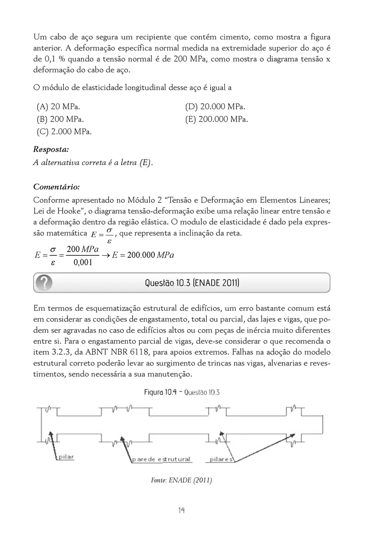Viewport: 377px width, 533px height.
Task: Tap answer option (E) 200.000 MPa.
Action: [x=217, y=119]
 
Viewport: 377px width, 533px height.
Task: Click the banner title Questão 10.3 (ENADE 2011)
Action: [x=192, y=283]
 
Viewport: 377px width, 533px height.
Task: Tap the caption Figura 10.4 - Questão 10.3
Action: [x=182, y=392]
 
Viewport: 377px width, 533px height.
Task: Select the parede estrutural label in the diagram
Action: [x=161, y=459]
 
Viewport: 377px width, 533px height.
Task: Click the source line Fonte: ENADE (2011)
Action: [x=182, y=481]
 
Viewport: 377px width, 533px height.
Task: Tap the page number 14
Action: [x=181, y=510]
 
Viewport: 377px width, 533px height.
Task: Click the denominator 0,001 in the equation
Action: [x=82, y=263]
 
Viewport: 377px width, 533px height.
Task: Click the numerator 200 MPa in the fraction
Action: [x=82, y=250]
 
